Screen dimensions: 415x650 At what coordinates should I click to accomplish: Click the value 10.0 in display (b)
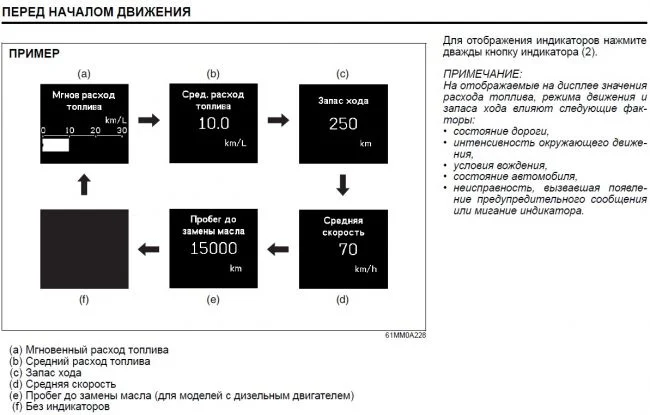(x=214, y=124)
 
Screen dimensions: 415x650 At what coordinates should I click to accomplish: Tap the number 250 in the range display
(x=342, y=124)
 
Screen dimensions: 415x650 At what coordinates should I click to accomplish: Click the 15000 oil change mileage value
(x=213, y=249)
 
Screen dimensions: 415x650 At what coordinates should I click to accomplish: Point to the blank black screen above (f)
(x=85, y=248)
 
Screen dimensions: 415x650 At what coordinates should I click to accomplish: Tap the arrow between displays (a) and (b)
(x=149, y=121)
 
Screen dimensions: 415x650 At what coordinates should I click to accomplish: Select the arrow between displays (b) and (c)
(x=277, y=121)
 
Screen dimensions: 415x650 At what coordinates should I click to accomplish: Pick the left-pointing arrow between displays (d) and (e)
(x=277, y=248)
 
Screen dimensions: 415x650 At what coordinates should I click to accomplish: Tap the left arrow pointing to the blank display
(x=149, y=248)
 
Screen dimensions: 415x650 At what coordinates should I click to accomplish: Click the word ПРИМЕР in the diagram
(x=34, y=53)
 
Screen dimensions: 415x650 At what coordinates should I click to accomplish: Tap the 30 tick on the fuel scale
(x=122, y=131)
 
